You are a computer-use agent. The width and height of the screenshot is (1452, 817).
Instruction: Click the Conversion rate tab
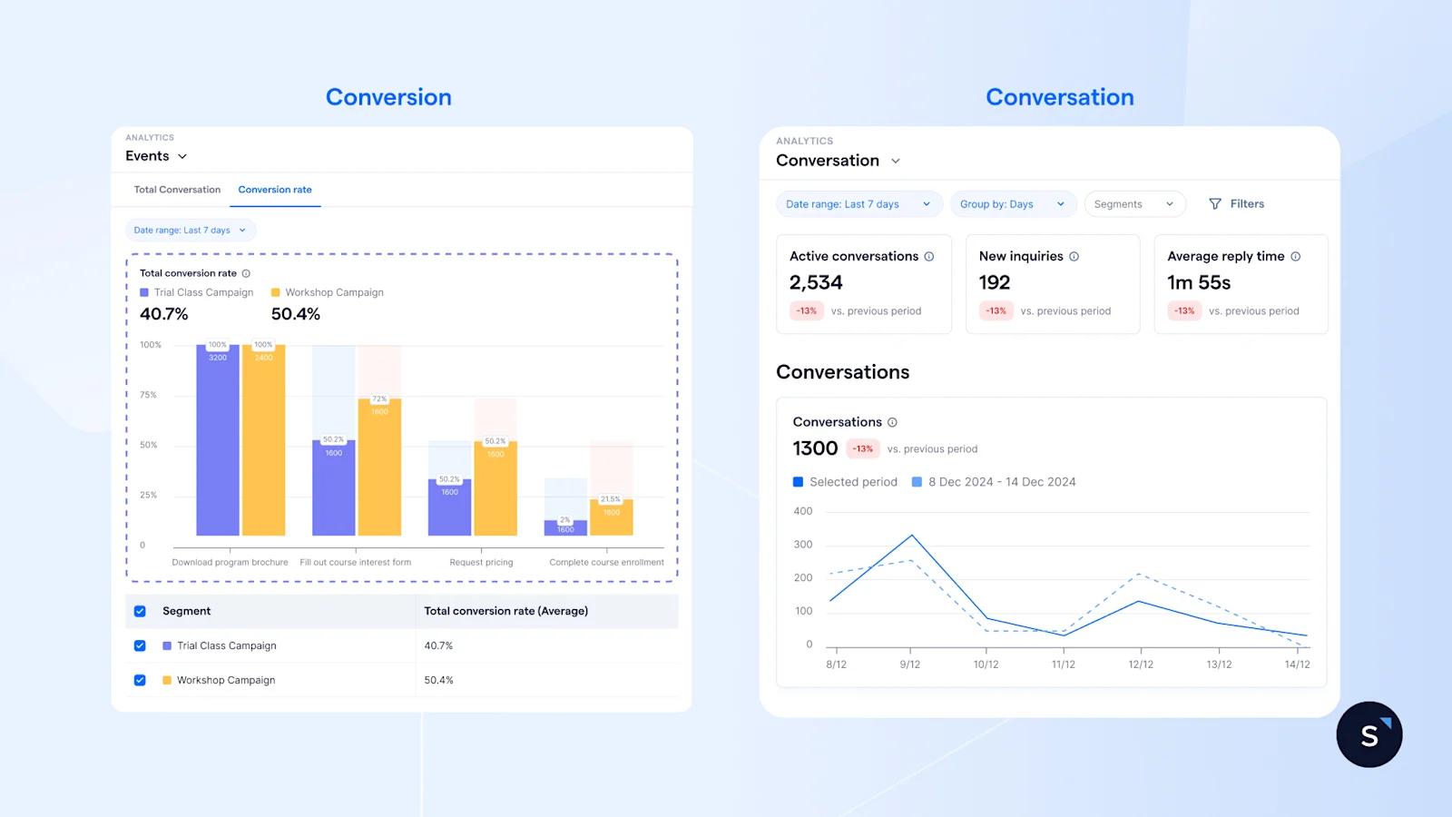275,190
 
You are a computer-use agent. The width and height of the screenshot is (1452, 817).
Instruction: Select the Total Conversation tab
177,190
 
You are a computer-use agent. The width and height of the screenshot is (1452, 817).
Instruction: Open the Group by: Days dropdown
1012,204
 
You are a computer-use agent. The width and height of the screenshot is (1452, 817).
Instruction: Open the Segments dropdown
1133,204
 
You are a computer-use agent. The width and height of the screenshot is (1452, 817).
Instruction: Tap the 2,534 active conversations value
816,283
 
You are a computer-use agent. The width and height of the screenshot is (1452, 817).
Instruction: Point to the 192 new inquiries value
995,283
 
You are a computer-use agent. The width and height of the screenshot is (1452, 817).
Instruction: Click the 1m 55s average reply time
1199,283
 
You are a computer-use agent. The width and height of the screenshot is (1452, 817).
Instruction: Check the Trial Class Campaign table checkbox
140,645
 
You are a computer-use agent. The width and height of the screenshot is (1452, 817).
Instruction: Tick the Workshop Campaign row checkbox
140,680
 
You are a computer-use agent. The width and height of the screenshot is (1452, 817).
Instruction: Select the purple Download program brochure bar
218,440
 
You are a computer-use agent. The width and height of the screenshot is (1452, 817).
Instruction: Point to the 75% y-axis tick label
148,395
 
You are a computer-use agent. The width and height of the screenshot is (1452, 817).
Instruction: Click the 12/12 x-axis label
1141,664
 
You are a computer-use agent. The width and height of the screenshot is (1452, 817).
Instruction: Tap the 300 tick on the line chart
803,545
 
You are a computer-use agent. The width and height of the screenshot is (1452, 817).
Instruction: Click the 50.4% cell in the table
439,680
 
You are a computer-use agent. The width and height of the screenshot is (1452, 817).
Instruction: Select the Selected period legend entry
845,482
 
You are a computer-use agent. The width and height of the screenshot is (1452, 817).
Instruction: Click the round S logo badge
1369,734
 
